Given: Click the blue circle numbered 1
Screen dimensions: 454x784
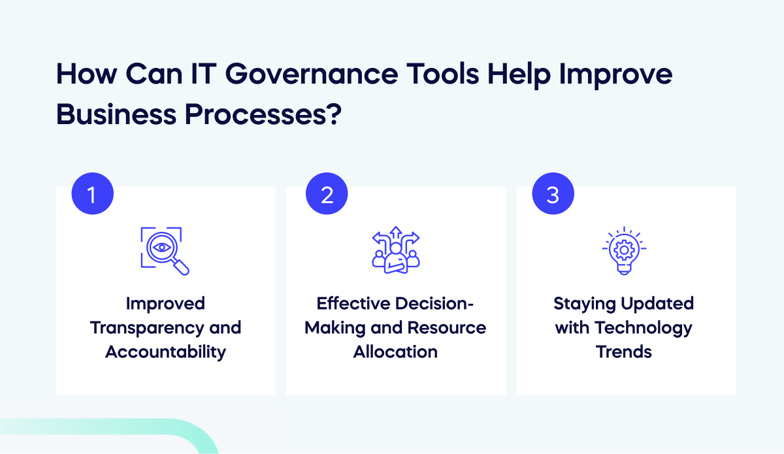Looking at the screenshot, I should (x=92, y=194).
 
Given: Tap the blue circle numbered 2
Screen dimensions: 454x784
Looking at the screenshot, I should (x=327, y=194).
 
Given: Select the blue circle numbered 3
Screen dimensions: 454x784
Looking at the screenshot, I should (x=553, y=194).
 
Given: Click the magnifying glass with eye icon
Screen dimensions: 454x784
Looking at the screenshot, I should (x=165, y=251).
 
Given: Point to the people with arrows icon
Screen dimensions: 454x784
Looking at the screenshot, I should (x=396, y=251).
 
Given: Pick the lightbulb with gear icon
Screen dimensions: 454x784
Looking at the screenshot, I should (x=623, y=251).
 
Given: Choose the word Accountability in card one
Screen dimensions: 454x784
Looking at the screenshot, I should (x=165, y=351).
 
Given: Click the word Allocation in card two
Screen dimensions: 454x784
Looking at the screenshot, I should (x=396, y=351).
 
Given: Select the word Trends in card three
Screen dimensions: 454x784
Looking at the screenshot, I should (x=623, y=351).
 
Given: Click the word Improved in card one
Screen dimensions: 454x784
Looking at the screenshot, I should (x=165, y=304).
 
